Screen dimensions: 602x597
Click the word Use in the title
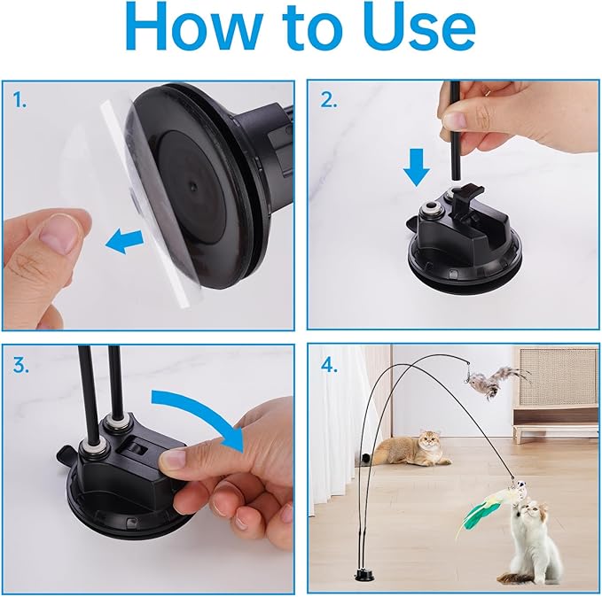[x=421, y=27]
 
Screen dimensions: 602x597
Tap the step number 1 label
[x=20, y=100]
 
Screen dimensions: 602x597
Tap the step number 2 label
[x=329, y=100]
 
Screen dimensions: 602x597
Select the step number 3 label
[x=20, y=365]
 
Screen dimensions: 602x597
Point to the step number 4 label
[x=330, y=365]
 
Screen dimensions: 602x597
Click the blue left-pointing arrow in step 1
[x=124, y=241]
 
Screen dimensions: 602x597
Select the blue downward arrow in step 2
[x=417, y=167]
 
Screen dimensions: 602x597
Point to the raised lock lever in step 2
[x=466, y=199]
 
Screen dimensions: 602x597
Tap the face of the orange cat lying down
[x=429, y=442]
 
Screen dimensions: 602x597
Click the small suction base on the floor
[x=364, y=576]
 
